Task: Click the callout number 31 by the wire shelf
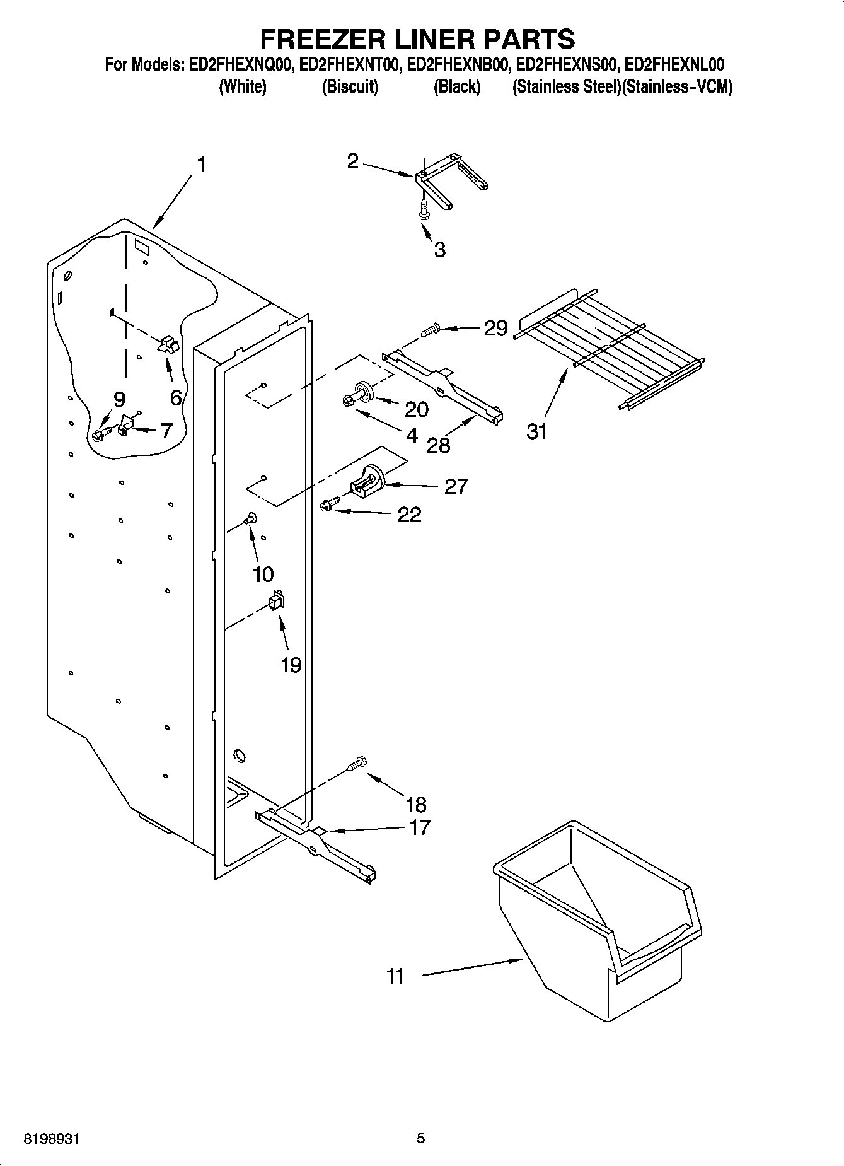[x=536, y=432]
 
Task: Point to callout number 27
[x=456, y=486]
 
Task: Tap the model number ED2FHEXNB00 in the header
[x=457, y=64]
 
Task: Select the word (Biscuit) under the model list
[x=350, y=87]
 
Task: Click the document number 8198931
[x=52, y=1139]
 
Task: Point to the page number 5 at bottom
[x=421, y=1138]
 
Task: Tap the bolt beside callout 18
[x=357, y=764]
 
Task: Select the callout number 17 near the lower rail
[x=419, y=827]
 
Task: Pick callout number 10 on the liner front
[x=263, y=574]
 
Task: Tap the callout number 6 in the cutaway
[x=176, y=397]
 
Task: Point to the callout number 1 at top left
[x=201, y=165]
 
